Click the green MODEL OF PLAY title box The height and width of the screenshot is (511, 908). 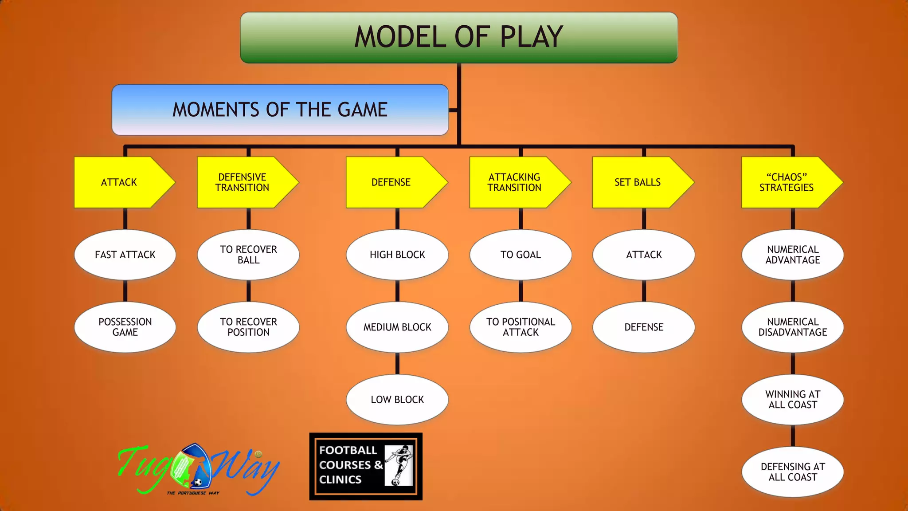458,37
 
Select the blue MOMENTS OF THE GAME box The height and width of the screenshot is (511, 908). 280,110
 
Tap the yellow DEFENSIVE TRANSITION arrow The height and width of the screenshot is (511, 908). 243,182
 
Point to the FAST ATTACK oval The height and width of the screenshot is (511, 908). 125,255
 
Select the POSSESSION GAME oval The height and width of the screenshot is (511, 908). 125,327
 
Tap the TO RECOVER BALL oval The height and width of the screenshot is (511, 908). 248,255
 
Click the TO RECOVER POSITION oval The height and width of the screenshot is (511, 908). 248,327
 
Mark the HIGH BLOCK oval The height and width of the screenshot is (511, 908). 397,255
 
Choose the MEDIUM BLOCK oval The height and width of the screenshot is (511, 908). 397,327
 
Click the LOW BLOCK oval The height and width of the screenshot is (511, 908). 397,400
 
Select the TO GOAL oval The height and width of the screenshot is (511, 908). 521,255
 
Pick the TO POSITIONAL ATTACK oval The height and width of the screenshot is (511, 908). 521,327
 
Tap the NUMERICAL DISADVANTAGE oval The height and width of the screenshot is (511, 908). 793,327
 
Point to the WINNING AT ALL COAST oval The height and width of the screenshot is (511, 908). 793,400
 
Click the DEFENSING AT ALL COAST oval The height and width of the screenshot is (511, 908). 793,472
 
